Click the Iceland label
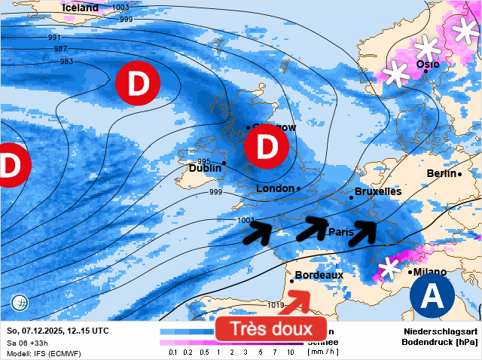[81, 8]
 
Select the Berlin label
[441, 174]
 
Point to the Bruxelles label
[377, 192]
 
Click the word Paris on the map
[340, 232]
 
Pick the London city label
[274, 188]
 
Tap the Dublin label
[205, 169]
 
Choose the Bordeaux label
[319, 276]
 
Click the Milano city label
[429, 272]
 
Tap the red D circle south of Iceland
[137, 84]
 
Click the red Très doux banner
[270, 329]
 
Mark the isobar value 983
[66, 62]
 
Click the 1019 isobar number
[276, 305]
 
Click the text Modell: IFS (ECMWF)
[43, 353]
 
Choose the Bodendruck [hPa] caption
[441, 342]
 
